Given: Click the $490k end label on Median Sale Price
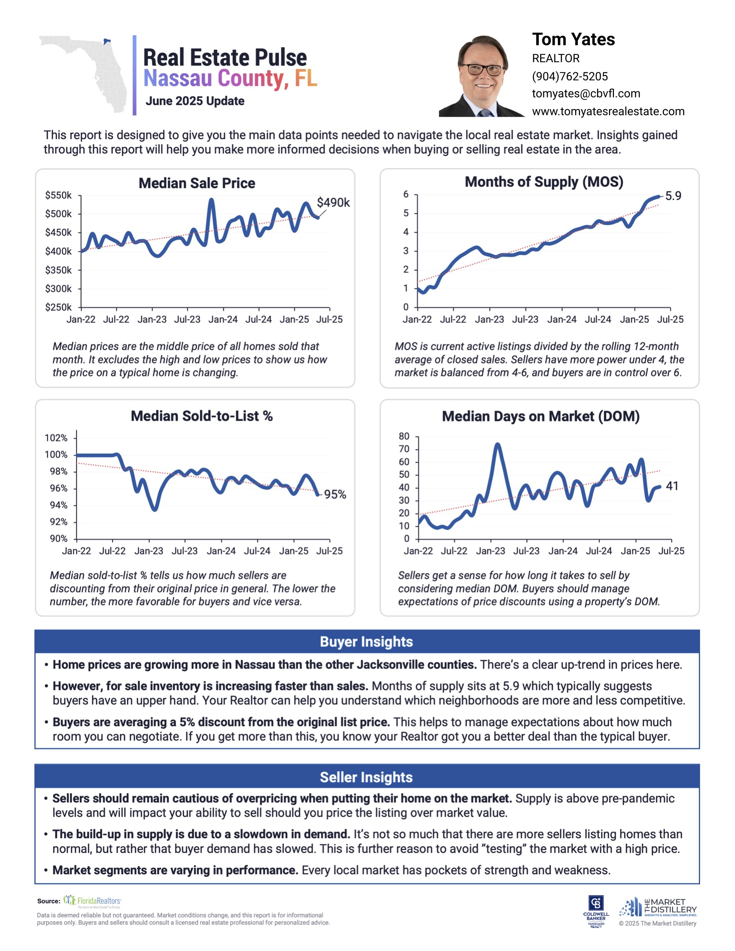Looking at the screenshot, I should pyautogui.click(x=333, y=202).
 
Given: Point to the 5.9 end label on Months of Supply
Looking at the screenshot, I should pyautogui.click(x=673, y=196).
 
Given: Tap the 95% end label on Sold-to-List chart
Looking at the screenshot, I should pyautogui.click(x=335, y=494).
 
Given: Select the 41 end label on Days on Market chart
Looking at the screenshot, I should pyautogui.click(x=672, y=486).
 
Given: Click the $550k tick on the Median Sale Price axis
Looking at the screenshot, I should pyautogui.click(x=58, y=196).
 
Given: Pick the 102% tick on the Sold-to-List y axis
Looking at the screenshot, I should pyautogui.click(x=56, y=438).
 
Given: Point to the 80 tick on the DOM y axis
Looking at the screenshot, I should pyautogui.click(x=404, y=436).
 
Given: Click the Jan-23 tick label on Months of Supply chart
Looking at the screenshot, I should pyautogui.click(x=489, y=319).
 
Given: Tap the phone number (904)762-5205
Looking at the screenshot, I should pyautogui.click(x=569, y=76).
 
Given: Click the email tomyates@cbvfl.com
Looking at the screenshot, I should pyautogui.click(x=586, y=94).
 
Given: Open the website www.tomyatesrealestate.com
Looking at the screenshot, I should pyautogui.click(x=608, y=111).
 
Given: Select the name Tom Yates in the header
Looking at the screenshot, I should pyautogui.click(x=573, y=40).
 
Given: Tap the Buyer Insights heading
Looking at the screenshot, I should pyautogui.click(x=366, y=641).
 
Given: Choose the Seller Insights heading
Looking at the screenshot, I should pyautogui.click(x=366, y=777).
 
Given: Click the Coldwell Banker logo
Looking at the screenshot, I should pyautogui.click(x=595, y=911).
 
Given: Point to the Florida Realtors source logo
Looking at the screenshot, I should pyautogui.click(x=92, y=901).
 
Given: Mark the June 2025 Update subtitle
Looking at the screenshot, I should pyautogui.click(x=195, y=101).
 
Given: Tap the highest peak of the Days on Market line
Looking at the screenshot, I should pyautogui.click(x=497, y=445).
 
